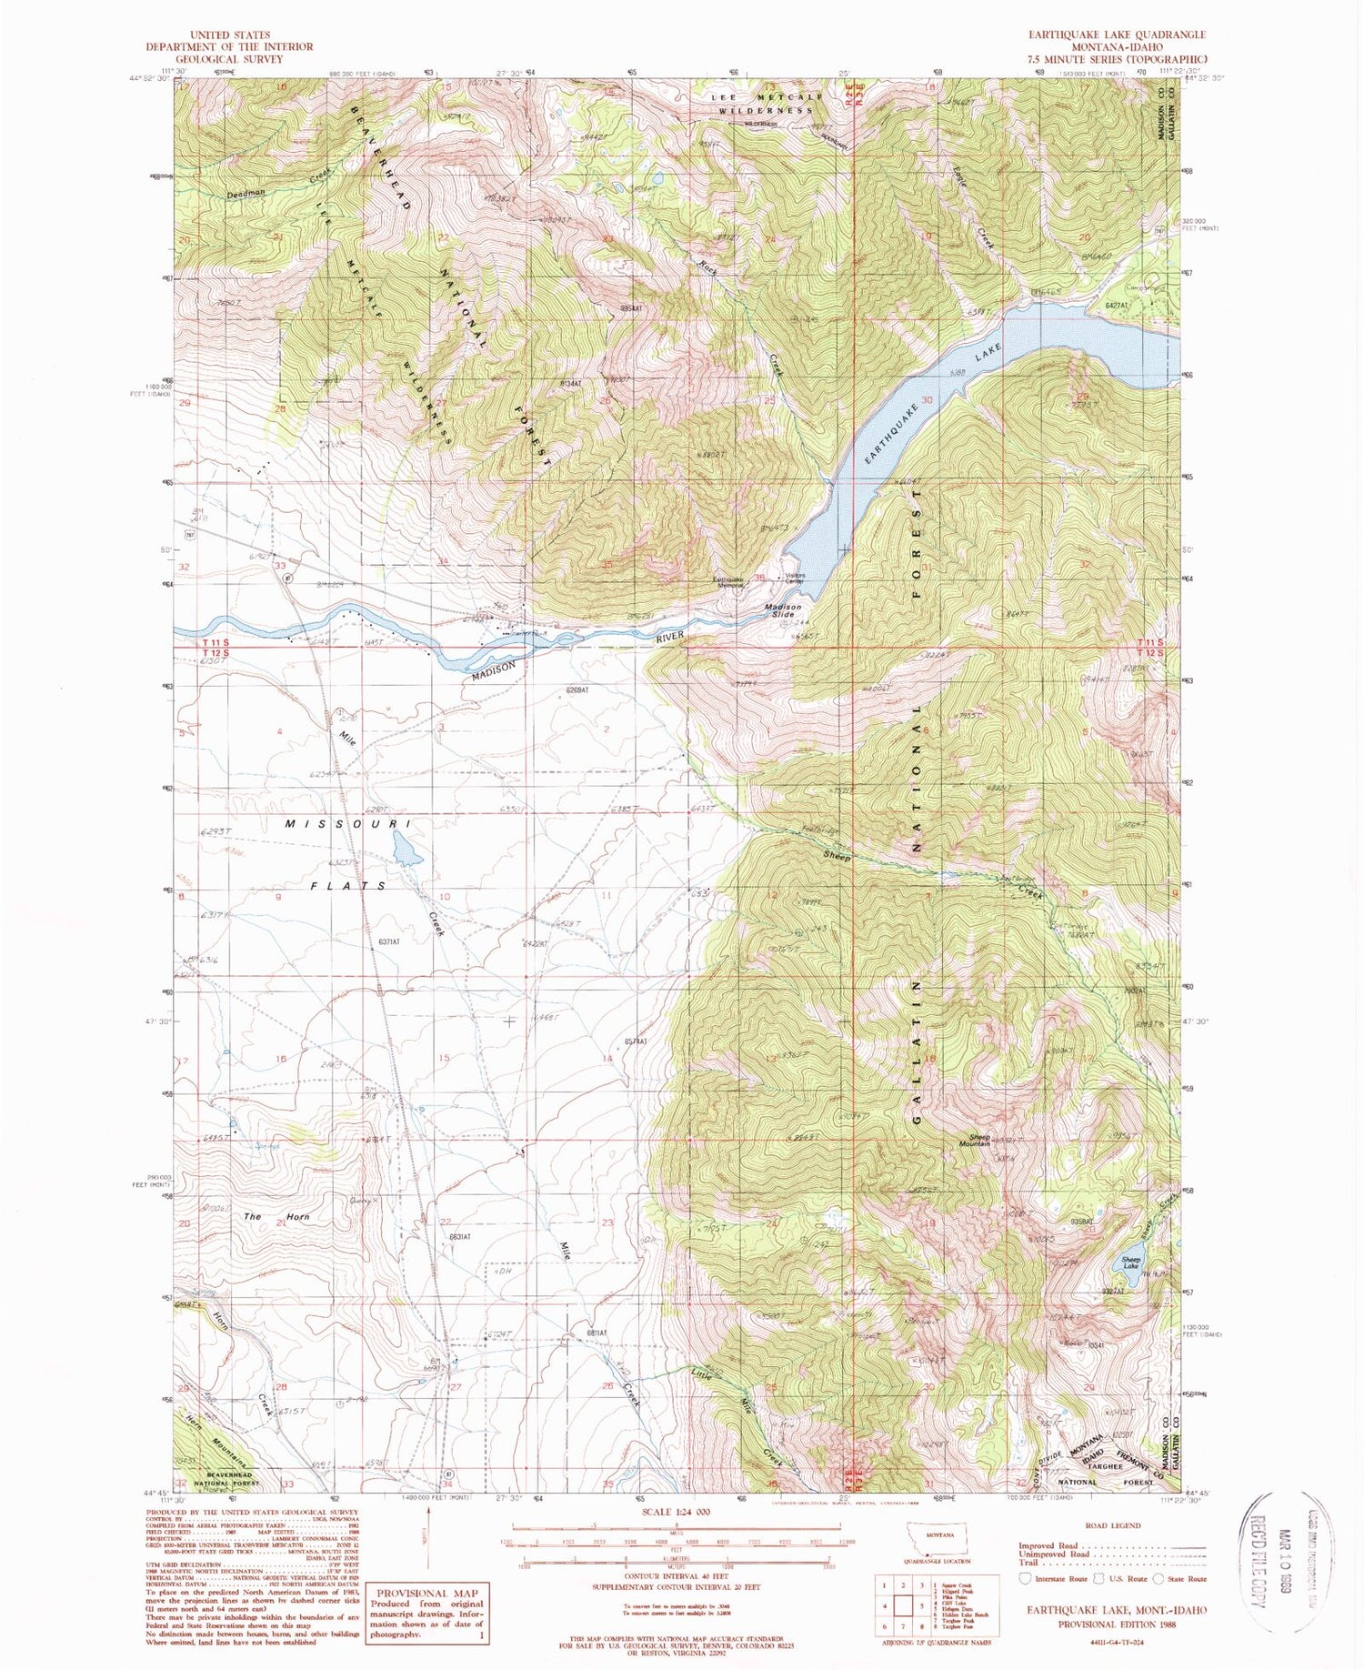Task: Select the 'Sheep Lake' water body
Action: click(x=1130, y=1266)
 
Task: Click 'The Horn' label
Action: click(x=276, y=1216)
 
